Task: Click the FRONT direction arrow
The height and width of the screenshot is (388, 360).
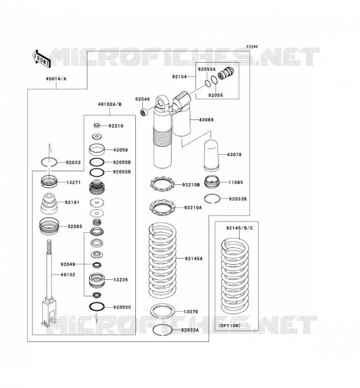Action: (x=41, y=59)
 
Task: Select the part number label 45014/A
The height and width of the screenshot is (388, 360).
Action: (x=56, y=79)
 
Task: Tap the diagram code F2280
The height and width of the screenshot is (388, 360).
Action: (x=252, y=47)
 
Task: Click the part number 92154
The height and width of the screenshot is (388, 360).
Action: (x=179, y=77)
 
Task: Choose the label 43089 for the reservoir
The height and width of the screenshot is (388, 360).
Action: (x=206, y=120)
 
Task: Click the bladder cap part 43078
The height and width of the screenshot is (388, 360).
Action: (x=211, y=155)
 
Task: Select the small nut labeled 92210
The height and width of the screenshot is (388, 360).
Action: (x=97, y=125)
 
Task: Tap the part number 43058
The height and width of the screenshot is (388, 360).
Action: (x=121, y=150)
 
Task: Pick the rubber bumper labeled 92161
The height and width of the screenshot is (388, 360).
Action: (x=49, y=203)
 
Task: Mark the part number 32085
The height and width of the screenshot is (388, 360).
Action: (x=75, y=226)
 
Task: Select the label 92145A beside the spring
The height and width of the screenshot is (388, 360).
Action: (x=194, y=259)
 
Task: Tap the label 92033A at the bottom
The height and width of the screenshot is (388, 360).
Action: (x=190, y=330)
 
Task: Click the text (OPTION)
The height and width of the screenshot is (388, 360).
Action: (x=229, y=325)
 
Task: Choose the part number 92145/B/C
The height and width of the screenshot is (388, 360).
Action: (x=239, y=228)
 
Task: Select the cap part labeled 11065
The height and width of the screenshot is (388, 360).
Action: (x=212, y=182)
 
